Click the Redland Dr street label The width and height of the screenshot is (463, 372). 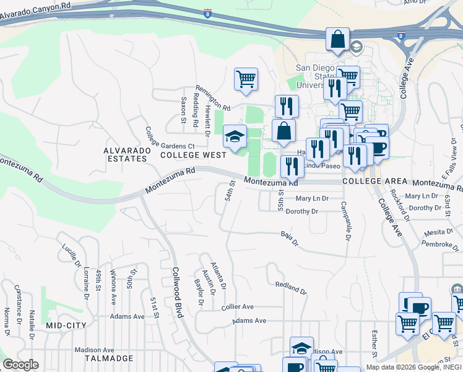tap(290, 288)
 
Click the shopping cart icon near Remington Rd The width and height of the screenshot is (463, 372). tap(246, 79)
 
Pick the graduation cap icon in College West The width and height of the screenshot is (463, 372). tap(235, 136)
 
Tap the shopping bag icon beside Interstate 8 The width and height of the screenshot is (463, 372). tap(338, 39)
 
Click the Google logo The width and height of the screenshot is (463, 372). tap(21, 365)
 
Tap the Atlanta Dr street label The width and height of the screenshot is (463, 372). tap(218, 275)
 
